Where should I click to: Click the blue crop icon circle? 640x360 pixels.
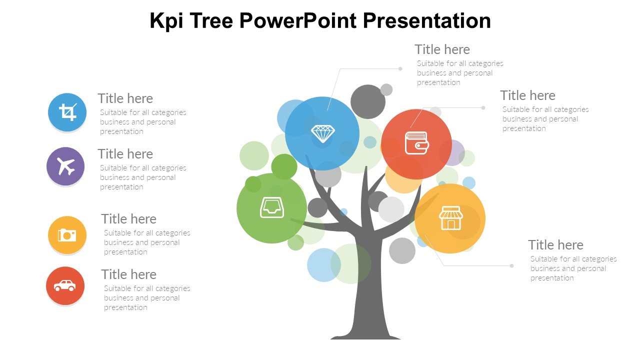click(x=67, y=112)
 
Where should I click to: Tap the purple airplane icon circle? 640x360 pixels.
click(x=65, y=166)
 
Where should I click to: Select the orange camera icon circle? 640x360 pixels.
click(x=67, y=235)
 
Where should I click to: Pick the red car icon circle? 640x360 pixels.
click(x=65, y=285)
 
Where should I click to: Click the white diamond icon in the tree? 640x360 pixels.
click(x=323, y=133)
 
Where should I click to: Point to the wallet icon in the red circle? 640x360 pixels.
click(x=417, y=143)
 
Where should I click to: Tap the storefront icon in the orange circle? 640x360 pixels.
click(x=451, y=218)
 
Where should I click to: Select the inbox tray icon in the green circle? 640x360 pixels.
click(x=272, y=207)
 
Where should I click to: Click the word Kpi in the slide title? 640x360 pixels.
click(x=166, y=21)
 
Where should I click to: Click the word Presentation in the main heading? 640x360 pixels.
click(x=427, y=21)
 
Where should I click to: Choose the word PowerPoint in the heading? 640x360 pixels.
click(x=298, y=20)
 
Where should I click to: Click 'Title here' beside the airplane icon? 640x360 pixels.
click(x=125, y=154)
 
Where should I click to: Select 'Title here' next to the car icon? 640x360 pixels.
click(x=129, y=274)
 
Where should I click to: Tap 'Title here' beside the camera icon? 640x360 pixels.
click(x=129, y=219)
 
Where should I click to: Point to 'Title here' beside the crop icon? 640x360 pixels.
click(x=125, y=98)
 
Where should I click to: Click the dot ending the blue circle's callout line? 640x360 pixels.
click(x=400, y=69)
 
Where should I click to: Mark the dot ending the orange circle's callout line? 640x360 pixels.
click(x=511, y=265)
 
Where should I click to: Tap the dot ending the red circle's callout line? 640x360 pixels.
click(x=483, y=107)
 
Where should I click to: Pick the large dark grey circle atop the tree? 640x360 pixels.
click(x=368, y=101)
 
